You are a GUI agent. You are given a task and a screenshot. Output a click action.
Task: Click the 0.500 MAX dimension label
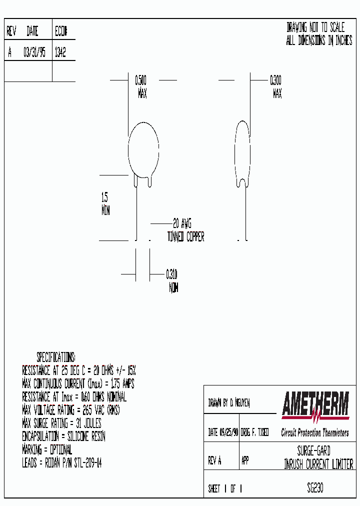[141, 86]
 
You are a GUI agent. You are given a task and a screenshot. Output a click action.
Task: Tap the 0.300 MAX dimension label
[276, 86]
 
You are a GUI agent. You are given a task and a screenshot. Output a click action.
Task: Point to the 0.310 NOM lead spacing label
[172, 281]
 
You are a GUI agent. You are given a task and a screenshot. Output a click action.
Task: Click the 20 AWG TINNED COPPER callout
[185, 230]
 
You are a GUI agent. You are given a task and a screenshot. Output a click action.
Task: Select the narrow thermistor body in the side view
[242, 150]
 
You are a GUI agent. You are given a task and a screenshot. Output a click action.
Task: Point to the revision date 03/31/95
[34, 53]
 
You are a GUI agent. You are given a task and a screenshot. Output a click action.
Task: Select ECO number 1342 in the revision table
[59, 53]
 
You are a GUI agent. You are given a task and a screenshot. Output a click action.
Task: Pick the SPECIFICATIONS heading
[55, 357]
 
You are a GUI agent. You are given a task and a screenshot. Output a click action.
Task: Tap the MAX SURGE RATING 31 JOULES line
[61, 423]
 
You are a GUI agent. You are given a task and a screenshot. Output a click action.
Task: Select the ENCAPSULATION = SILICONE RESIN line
[63, 436]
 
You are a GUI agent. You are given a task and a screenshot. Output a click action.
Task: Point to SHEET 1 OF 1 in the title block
[225, 489]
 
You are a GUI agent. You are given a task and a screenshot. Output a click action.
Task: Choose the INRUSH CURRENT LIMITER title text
[318, 465]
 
